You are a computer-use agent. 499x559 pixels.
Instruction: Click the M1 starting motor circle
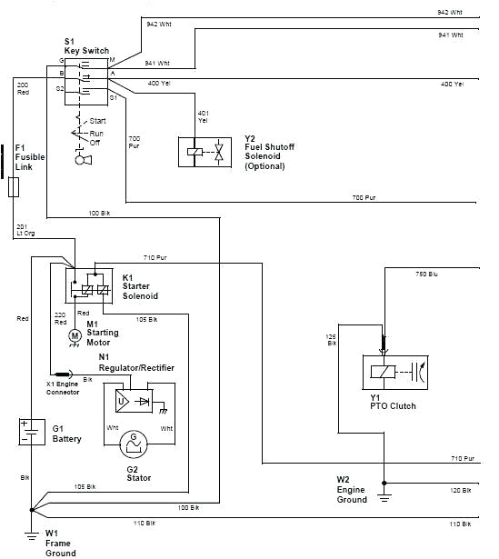coord(75,335)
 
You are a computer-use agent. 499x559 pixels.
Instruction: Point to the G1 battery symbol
coord(32,432)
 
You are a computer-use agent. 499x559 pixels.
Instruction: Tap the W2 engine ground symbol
coord(384,494)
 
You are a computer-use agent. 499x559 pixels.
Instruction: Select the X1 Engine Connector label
coord(64,388)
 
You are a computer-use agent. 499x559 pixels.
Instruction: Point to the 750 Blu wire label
coord(426,273)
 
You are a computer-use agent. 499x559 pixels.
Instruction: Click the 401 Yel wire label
coord(203,115)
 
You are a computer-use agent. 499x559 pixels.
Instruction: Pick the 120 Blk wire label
coord(461,490)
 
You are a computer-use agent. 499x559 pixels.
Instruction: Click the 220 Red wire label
coord(60,318)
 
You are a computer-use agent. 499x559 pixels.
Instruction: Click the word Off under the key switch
coord(95,143)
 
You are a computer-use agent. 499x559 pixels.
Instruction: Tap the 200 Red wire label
coord(23,88)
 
